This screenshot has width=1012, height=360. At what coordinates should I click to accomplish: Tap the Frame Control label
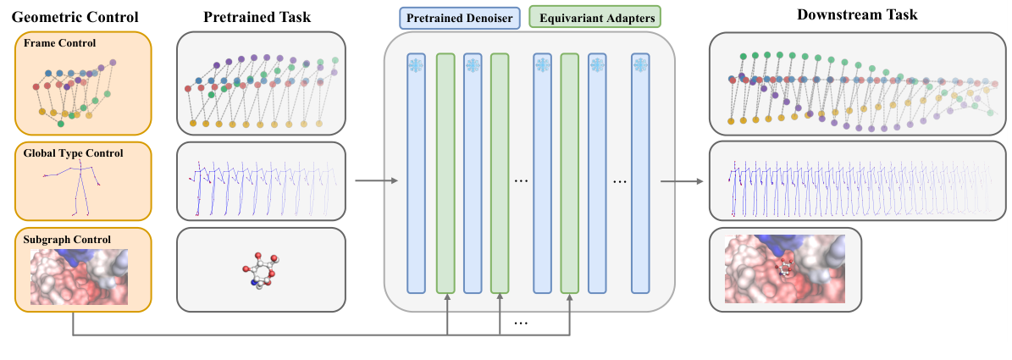[x=59, y=42]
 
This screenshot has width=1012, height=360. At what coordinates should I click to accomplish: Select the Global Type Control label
[x=73, y=153]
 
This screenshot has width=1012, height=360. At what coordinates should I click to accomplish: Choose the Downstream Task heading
[x=857, y=15]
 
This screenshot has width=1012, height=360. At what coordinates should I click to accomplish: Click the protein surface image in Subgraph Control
[x=79, y=277]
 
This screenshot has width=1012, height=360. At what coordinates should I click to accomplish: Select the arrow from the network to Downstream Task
[x=682, y=180]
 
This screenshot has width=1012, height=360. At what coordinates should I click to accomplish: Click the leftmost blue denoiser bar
[x=416, y=173]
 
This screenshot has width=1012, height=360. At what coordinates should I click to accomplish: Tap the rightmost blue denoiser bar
[x=640, y=173]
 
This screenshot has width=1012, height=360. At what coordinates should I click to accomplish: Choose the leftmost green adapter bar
[x=445, y=173]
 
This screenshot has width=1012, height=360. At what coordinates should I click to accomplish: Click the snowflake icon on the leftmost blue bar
[x=416, y=65]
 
